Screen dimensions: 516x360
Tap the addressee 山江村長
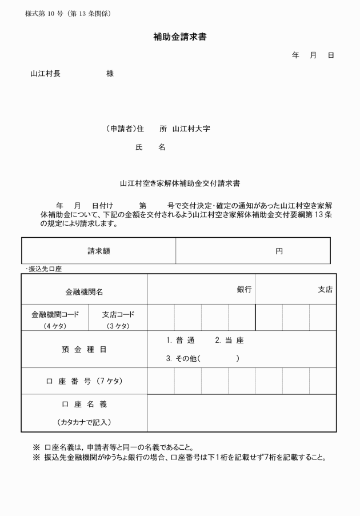click(x=45, y=74)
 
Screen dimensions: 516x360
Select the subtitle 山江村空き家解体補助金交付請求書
click(x=179, y=184)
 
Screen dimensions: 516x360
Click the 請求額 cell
click(x=98, y=251)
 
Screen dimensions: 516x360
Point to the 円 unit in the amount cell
click(x=279, y=251)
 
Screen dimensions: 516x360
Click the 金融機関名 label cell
click(x=84, y=291)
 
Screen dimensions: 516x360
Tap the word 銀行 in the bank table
click(x=244, y=290)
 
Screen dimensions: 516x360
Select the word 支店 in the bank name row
click(x=325, y=290)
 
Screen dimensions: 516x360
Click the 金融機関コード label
click(x=55, y=314)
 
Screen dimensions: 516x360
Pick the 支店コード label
click(x=118, y=314)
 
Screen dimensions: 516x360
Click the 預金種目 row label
click(x=84, y=350)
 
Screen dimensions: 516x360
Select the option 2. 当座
click(x=229, y=341)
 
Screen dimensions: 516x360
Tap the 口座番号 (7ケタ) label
click(x=84, y=381)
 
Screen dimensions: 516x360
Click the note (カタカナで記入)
click(x=84, y=423)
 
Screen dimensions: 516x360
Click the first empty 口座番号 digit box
click(x=161, y=381)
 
